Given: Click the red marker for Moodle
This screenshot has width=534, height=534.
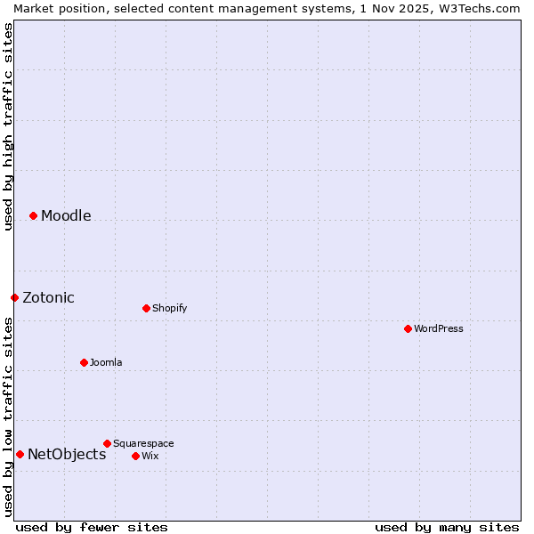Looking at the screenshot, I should pyautogui.click(x=33, y=215).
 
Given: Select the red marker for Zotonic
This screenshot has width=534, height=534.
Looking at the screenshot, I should pyautogui.click(x=14, y=297).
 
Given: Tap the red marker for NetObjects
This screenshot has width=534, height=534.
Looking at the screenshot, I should pyautogui.click(x=20, y=454).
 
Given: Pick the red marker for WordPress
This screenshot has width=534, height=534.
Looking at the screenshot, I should pyautogui.click(x=408, y=328).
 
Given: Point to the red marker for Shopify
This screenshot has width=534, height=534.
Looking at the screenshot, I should pyautogui.click(x=146, y=308).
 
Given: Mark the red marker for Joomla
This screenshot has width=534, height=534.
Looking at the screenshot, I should pyautogui.click(x=84, y=362).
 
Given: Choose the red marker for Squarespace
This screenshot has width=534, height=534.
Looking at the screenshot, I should pyautogui.click(x=107, y=443).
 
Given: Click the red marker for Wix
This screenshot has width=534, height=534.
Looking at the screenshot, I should pyautogui.click(x=135, y=456).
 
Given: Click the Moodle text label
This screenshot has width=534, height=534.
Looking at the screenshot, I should pyautogui.click(x=66, y=215).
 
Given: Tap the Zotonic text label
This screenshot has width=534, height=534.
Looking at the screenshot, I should pyautogui.click(x=48, y=297).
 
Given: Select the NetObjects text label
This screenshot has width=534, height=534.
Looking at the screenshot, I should pyautogui.click(x=67, y=454).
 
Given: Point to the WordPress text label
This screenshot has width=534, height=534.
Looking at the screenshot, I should pyautogui.click(x=439, y=328).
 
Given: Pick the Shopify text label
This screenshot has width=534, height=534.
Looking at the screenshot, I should pyautogui.click(x=169, y=308).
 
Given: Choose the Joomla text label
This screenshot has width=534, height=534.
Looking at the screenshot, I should pyautogui.click(x=106, y=362).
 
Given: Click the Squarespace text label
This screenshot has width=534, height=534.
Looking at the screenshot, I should pyautogui.click(x=143, y=443).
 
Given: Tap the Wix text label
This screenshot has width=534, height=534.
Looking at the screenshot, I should pyautogui.click(x=150, y=456).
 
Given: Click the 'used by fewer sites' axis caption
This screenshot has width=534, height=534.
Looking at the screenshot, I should pyautogui.click(x=92, y=527).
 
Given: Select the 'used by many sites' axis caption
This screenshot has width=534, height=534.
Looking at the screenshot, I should pyautogui.click(x=447, y=527).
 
